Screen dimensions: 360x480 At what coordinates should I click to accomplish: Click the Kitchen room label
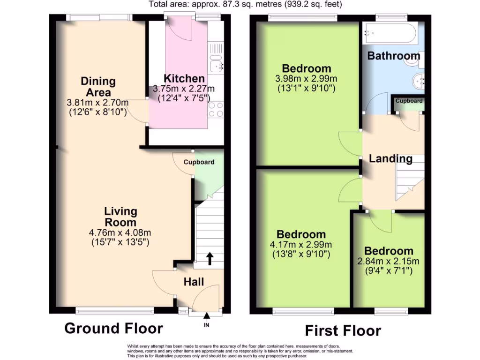pyautogui.click(x=184, y=78)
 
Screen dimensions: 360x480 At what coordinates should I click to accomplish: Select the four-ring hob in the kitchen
pyautogui.click(x=216, y=110)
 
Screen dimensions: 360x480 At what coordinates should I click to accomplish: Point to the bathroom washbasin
pyautogui.click(x=419, y=82)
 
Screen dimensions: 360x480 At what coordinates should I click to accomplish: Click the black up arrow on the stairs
pyautogui.click(x=210, y=258)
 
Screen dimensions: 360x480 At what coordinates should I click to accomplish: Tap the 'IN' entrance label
pyautogui.click(x=207, y=325)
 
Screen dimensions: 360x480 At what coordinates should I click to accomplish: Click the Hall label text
pyautogui.click(x=194, y=282)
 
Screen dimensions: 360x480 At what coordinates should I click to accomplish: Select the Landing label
pyautogui.click(x=390, y=158)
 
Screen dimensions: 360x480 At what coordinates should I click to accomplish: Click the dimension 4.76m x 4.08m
pyautogui.click(x=120, y=233)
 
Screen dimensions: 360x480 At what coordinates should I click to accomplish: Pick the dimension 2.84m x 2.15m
pyautogui.click(x=389, y=261)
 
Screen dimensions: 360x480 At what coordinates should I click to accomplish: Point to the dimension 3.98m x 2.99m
pyautogui.click(x=307, y=79)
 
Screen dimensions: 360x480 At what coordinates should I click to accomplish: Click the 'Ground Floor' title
pyautogui.click(x=113, y=328)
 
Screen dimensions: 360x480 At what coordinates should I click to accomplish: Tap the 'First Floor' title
pyautogui.click(x=343, y=330)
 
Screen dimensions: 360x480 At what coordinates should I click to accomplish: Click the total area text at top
pyautogui.click(x=245, y=5)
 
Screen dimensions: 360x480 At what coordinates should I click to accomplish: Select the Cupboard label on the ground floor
pyautogui.click(x=199, y=162)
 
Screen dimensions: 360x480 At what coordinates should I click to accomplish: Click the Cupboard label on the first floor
pyautogui.click(x=409, y=101)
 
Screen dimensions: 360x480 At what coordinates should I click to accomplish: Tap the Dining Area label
pyautogui.click(x=98, y=86)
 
